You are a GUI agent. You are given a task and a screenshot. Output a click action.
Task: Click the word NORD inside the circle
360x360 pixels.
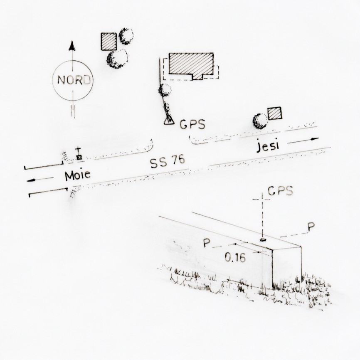[x=74, y=80]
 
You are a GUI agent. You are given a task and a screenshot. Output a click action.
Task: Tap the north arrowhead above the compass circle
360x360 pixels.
[x=72, y=46]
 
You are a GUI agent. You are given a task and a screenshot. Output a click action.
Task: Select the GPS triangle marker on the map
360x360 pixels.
[x=169, y=121]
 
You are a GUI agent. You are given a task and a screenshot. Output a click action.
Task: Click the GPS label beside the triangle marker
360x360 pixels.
[x=192, y=124]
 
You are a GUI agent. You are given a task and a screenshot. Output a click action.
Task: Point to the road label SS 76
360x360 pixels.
[x=167, y=161]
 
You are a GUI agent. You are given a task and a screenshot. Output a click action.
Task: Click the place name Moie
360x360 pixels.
[x=78, y=175]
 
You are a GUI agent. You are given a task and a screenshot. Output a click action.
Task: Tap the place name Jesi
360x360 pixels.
[x=268, y=146]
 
